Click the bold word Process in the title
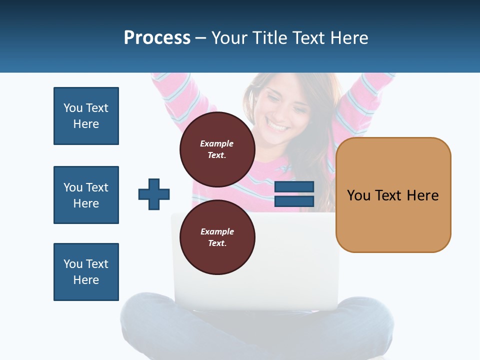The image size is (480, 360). pos(157,37)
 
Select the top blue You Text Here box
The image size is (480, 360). pos(86,116)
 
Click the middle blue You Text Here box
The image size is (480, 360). pos(86,195)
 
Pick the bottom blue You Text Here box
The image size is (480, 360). pos(86,272)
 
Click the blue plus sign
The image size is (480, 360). pos(154,194)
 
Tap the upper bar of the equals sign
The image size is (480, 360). pos(294,186)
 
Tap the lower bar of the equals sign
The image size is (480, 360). pos(294,201)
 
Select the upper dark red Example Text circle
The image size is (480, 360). pos(217,149)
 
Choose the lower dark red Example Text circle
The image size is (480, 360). pos(217,237)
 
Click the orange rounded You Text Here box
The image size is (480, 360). pos(393,195)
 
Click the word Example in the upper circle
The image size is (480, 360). pos(217,143)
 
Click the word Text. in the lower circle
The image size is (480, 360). pos(217,243)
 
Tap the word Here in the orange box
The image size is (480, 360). pos(422,195)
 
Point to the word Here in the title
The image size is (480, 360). pos(349,37)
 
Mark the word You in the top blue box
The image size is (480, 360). pos(73,108)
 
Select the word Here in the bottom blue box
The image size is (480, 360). pos(86,280)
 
